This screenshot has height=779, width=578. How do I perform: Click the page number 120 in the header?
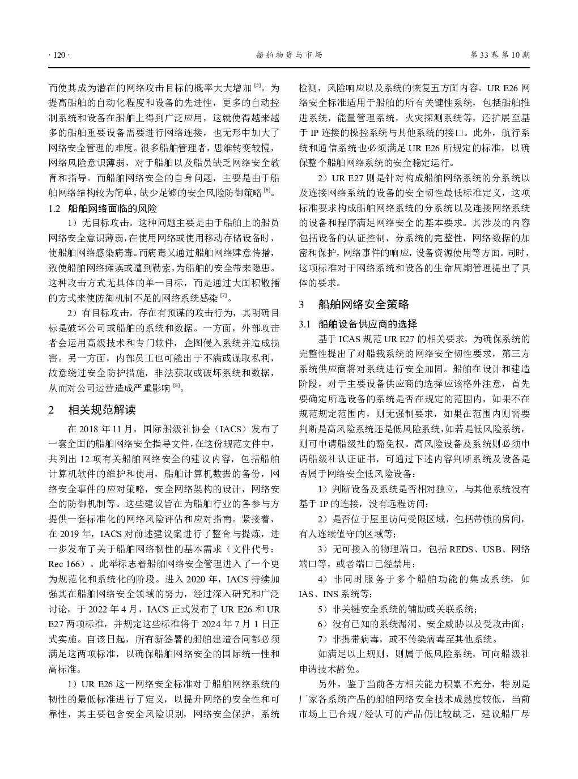58,55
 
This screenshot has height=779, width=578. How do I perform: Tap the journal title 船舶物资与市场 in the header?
289,55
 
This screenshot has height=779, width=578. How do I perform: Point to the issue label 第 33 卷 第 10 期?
500,55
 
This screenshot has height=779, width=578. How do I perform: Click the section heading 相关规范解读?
102,410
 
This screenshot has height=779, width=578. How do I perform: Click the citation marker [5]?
257,85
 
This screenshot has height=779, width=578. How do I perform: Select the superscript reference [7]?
224,295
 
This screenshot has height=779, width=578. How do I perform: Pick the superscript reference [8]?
176,385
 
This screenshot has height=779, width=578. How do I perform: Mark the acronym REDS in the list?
464,549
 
